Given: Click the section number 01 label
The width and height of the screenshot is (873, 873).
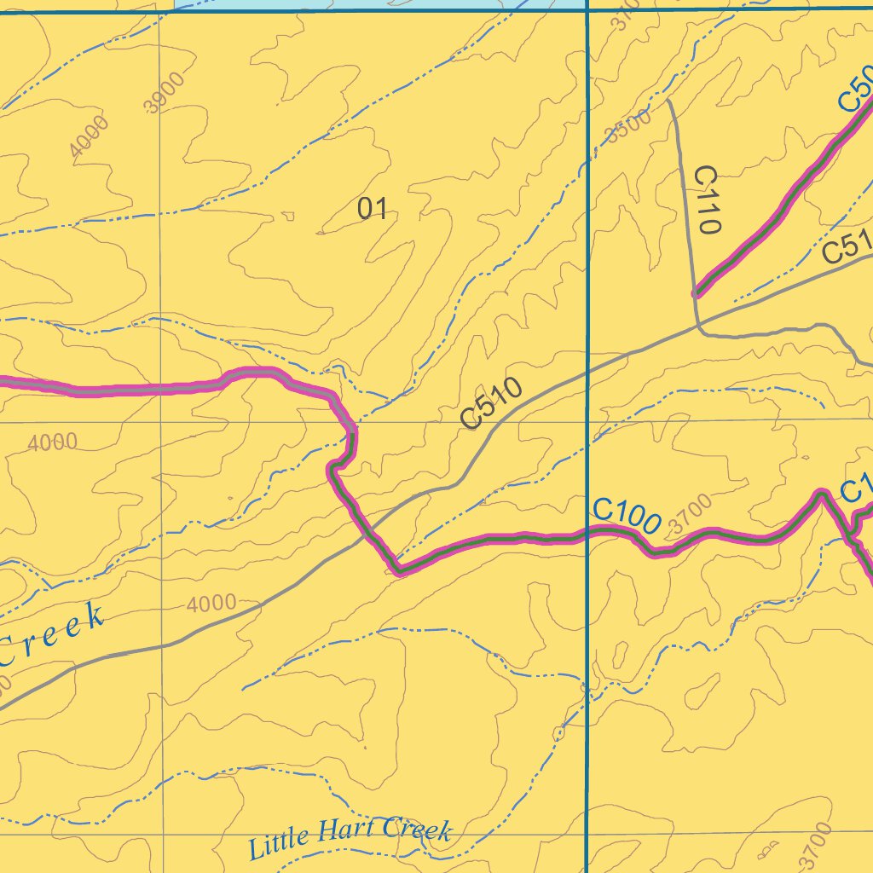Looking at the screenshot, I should click(373, 207).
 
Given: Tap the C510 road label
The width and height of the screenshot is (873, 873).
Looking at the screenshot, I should click(490, 402).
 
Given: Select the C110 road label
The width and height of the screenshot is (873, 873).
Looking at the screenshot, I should click(708, 199).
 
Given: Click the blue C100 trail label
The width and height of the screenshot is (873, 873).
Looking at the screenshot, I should click(627, 517).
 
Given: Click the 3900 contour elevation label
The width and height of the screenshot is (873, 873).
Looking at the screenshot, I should click(164, 94).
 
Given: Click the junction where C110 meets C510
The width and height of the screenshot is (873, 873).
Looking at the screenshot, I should click(698, 325).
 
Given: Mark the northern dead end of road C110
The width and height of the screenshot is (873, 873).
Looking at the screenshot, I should click(670, 101).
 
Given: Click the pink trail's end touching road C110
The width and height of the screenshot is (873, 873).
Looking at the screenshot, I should click(697, 292).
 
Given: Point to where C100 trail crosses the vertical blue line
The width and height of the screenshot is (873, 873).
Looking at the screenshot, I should click(587, 535).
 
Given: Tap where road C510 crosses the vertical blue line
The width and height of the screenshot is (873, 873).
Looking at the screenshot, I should click(587, 372).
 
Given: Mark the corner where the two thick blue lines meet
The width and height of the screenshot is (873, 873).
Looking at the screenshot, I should click(587, 11).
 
